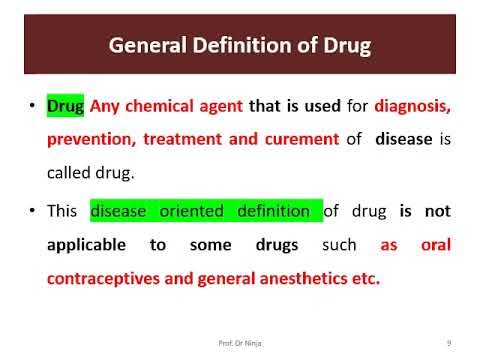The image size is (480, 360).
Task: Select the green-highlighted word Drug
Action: point(65,107)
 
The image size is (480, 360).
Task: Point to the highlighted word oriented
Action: point(190,212)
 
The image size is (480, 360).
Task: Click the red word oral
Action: point(432,246)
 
